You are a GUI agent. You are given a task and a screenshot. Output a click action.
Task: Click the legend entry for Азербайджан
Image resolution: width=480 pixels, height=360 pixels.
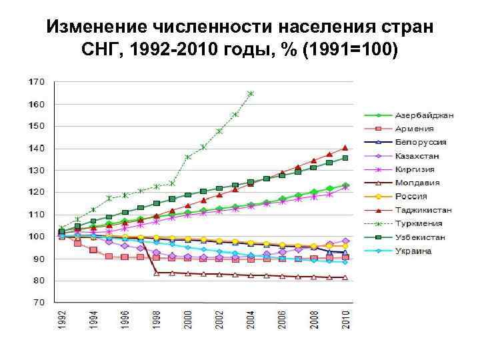pyautogui.click(x=424, y=115)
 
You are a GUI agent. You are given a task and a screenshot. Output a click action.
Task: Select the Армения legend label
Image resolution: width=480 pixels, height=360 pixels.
pyautogui.click(x=414, y=129)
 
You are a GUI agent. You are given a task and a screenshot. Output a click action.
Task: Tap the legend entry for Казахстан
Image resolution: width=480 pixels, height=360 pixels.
pyautogui.click(x=419, y=156)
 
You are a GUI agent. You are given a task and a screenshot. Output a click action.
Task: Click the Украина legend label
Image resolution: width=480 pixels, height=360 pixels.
pyautogui.click(x=414, y=251)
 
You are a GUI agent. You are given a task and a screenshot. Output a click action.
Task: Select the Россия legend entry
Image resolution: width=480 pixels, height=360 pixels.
pyautogui.click(x=411, y=197)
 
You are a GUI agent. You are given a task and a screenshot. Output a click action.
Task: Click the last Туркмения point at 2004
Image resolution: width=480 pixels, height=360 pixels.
pyautogui.click(x=251, y=94)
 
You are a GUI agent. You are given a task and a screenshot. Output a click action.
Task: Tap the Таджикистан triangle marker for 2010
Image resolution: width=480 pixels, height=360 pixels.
pyautogui.click(x=345, y=147)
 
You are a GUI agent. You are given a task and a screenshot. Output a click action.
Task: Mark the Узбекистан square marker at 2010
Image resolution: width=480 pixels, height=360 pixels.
pyautogui.click(x=345, y=158)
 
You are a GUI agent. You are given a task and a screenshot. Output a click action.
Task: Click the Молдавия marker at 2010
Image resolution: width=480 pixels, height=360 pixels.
pyautogui.click(x=345, y=277)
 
